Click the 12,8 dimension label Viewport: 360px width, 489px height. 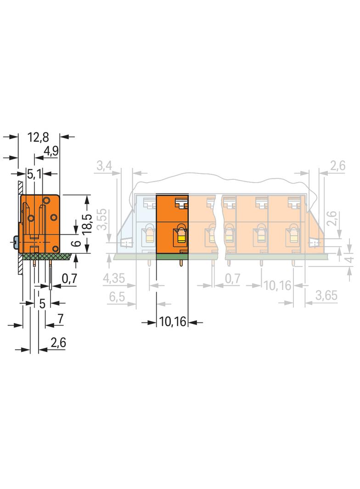(x=38, y=137)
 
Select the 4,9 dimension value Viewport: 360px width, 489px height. (x=51, y=151)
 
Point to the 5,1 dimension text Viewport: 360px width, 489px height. (x=34, y=174)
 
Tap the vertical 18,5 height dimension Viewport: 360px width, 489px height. (x=87, y=224)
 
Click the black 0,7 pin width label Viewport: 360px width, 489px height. (x=69, y=278)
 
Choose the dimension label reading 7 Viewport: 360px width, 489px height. (x=60, y=319)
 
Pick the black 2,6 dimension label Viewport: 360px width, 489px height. (x=58, y=343)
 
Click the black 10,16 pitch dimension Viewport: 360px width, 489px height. (x=173, y=322)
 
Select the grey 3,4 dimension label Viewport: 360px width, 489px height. (x=104, y=166)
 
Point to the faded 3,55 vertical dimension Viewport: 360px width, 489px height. (x=102, y=219)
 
